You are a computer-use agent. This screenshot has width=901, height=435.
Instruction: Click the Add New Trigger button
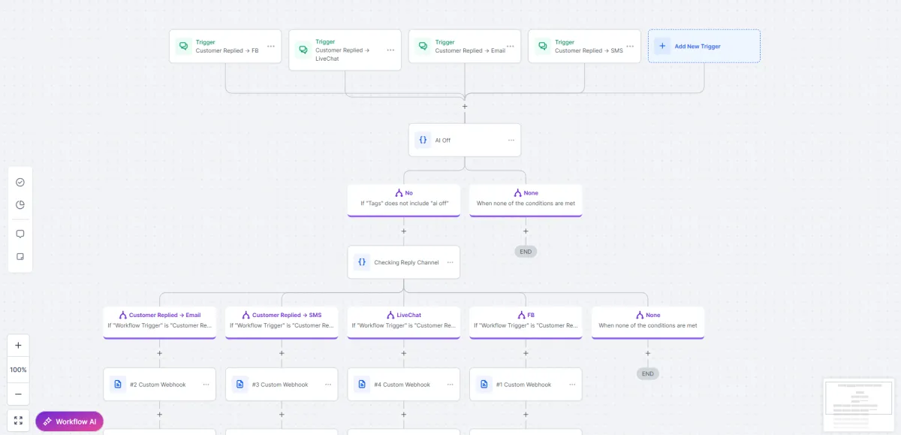[704, 46]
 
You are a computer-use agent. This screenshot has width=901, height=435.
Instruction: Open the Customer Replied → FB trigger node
[224, 47]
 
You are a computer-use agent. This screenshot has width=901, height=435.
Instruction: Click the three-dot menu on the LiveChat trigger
[390, 50]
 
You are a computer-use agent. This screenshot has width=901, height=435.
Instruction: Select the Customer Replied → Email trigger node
[465, 47]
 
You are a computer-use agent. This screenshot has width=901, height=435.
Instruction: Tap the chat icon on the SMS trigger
[543, 46]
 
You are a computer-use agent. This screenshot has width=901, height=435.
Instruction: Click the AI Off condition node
[465, 140]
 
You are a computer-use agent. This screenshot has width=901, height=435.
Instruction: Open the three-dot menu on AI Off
[511, 140]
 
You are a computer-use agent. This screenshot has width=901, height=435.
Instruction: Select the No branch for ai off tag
[404, 201]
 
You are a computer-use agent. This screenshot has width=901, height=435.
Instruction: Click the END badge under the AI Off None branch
[526, 252]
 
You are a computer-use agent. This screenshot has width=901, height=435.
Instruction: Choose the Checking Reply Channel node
[404, 262]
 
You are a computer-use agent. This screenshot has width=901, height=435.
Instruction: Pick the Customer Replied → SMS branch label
[287, 315]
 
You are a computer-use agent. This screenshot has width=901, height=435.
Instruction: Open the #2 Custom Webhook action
[160, 385]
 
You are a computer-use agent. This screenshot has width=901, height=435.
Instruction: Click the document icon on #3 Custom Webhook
[240, 385]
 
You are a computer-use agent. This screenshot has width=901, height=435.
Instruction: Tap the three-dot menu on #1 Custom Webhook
[572, 385]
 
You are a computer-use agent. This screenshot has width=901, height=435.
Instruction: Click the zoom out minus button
[18, 394]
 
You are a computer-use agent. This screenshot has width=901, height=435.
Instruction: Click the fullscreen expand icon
[18, 421]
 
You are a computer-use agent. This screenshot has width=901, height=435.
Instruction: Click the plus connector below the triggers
[465, 106]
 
